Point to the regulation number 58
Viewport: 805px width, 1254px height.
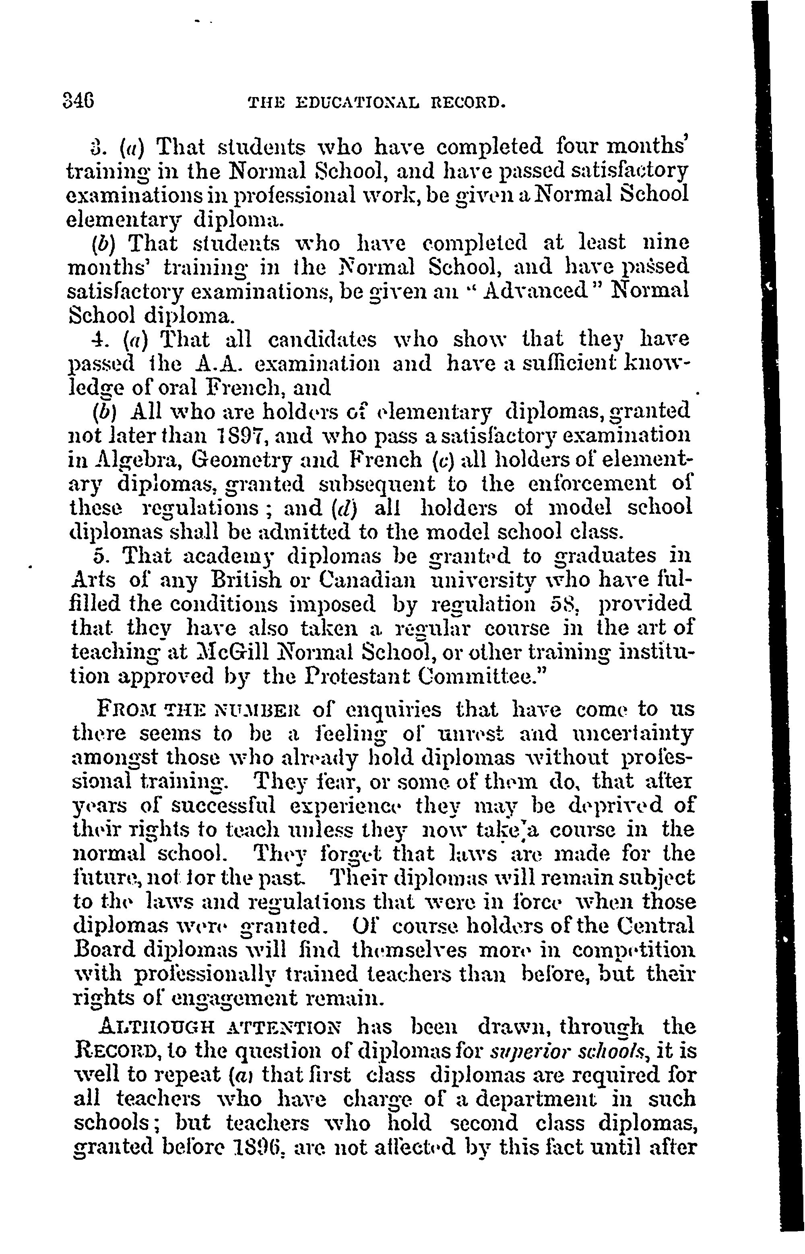[563, 605]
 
